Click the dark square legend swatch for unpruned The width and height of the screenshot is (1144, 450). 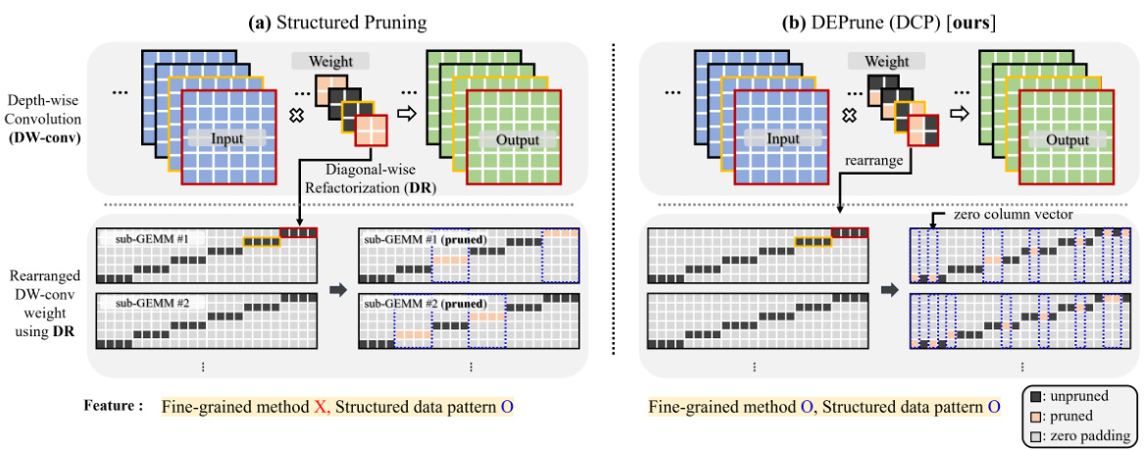pos(1032,398)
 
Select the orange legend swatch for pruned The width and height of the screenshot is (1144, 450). pos(1032,417)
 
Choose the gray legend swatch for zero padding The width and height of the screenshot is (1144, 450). pos(1032,435)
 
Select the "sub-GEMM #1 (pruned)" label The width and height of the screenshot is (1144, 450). pos(424,238)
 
